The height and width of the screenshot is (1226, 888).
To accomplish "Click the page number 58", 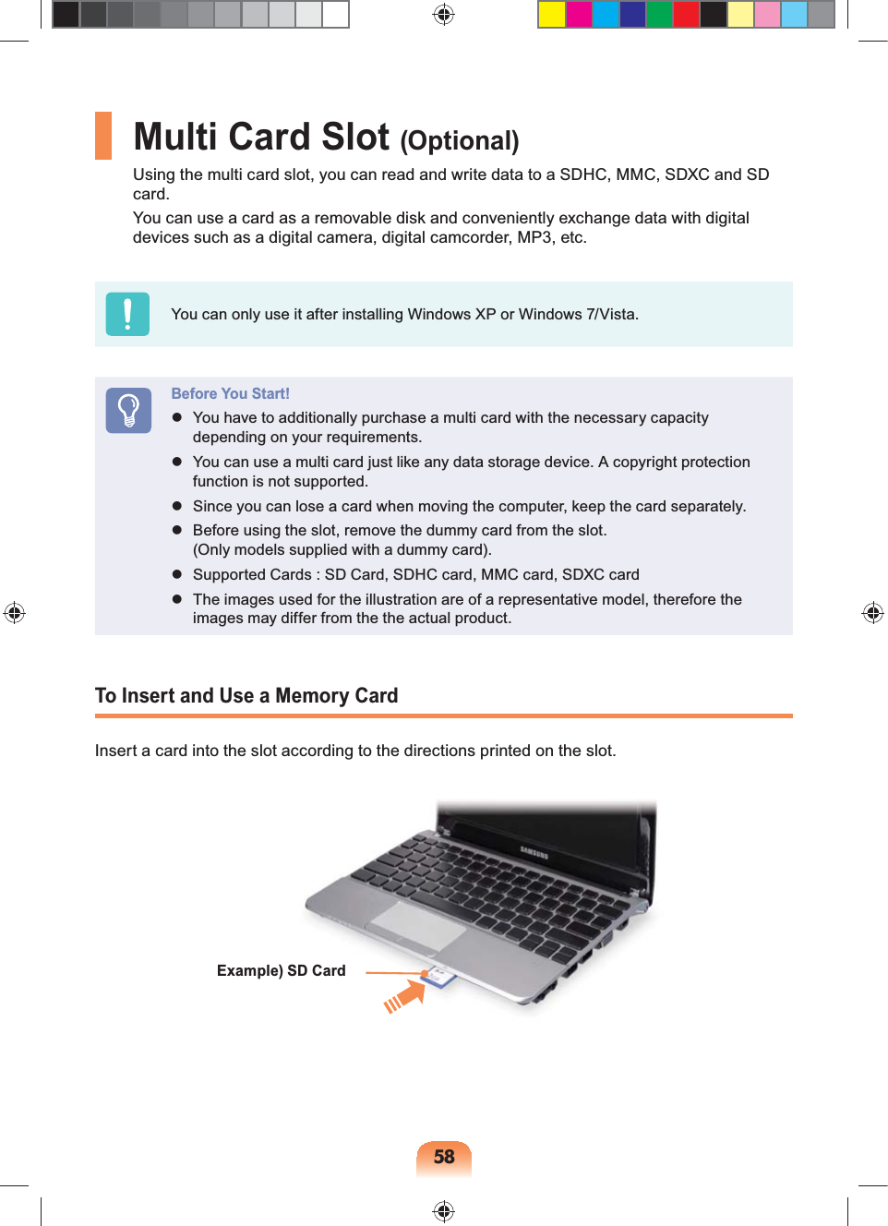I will (x=444, y=1157).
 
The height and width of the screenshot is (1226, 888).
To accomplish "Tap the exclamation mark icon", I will (x=127, y=314).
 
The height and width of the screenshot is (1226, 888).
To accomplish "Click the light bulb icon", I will (x=128, y=410).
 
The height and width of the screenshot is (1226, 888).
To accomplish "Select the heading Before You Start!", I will (x=230, y=393).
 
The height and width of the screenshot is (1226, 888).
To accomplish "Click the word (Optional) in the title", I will (x=460, y=141).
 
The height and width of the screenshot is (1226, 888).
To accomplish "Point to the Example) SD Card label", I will (x=281, y=970).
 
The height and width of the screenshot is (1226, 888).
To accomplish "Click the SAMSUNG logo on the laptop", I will (x=534, y=852).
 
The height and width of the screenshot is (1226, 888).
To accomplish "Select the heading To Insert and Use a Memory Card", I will (x=246, y=696).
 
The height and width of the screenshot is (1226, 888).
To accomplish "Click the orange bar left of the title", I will (x=103, y=136).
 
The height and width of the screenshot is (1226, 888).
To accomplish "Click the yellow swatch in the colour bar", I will (x=552, y=15).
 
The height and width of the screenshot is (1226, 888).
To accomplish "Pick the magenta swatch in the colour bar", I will (x=579, y=15).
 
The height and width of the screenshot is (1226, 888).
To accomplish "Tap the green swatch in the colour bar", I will (x=659, y=15).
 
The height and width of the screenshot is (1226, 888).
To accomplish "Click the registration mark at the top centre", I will (x=444, y=15).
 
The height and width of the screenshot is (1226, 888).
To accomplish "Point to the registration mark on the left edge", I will (x=14, y=613).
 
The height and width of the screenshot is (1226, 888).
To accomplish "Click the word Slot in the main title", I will (x=355, y=138).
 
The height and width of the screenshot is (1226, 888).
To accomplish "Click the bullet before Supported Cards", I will (x=177, y=574).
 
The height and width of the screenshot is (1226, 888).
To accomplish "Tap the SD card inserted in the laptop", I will (x=439, y=977).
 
